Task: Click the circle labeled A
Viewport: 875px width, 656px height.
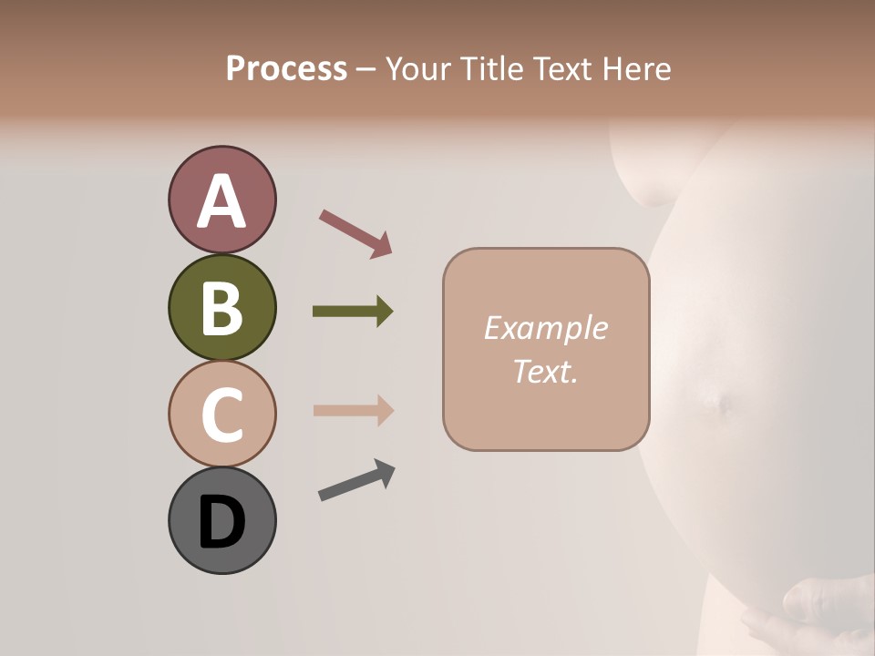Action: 221,200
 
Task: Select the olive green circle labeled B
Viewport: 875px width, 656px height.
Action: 221,308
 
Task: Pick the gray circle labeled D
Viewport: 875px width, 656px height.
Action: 221,520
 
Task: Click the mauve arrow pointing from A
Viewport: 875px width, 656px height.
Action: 355,233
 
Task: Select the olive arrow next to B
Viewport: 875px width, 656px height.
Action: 353,312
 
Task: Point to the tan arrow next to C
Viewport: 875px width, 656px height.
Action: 353,410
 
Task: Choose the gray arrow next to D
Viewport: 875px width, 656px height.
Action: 356,480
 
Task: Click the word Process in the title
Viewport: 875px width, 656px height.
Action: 286,68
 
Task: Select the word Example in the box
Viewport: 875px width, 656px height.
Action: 545,328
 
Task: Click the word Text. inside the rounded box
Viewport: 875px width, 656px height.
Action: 545,371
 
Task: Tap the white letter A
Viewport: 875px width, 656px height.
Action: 221,201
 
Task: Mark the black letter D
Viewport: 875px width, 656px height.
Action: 221,522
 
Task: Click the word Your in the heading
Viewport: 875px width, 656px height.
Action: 419,68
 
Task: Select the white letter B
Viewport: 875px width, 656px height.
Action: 221,309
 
